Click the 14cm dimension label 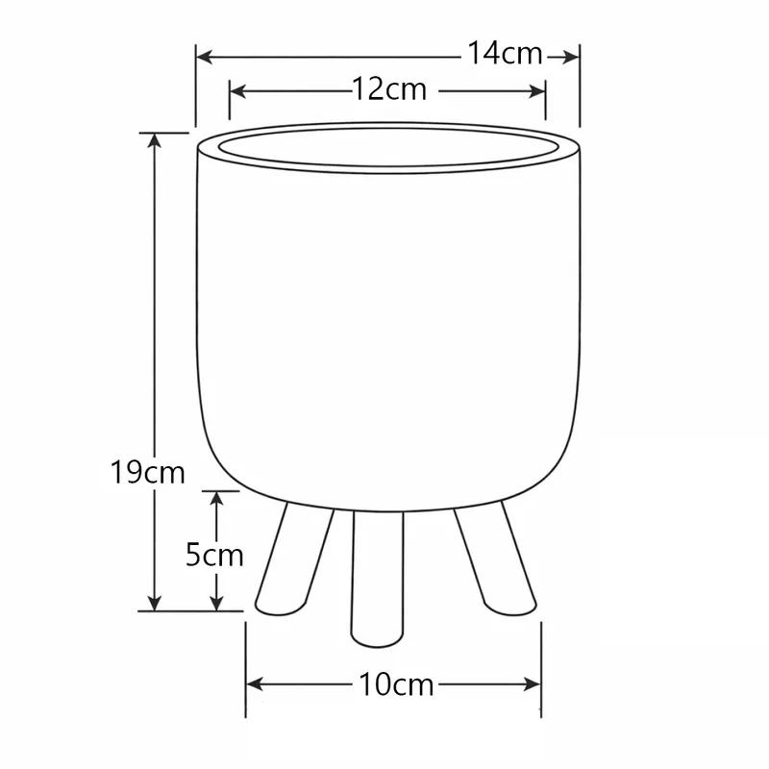pos(506,53)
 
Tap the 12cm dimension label pos(390,89)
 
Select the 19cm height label pos(147,472)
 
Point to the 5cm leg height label pos(214,556)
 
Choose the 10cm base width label pos(396,684)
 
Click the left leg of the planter pos(294,559)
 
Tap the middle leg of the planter pos(377,580)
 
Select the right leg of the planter pos(495,559)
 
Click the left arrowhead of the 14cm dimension pos(205,57)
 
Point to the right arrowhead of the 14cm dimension pos(571,58)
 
